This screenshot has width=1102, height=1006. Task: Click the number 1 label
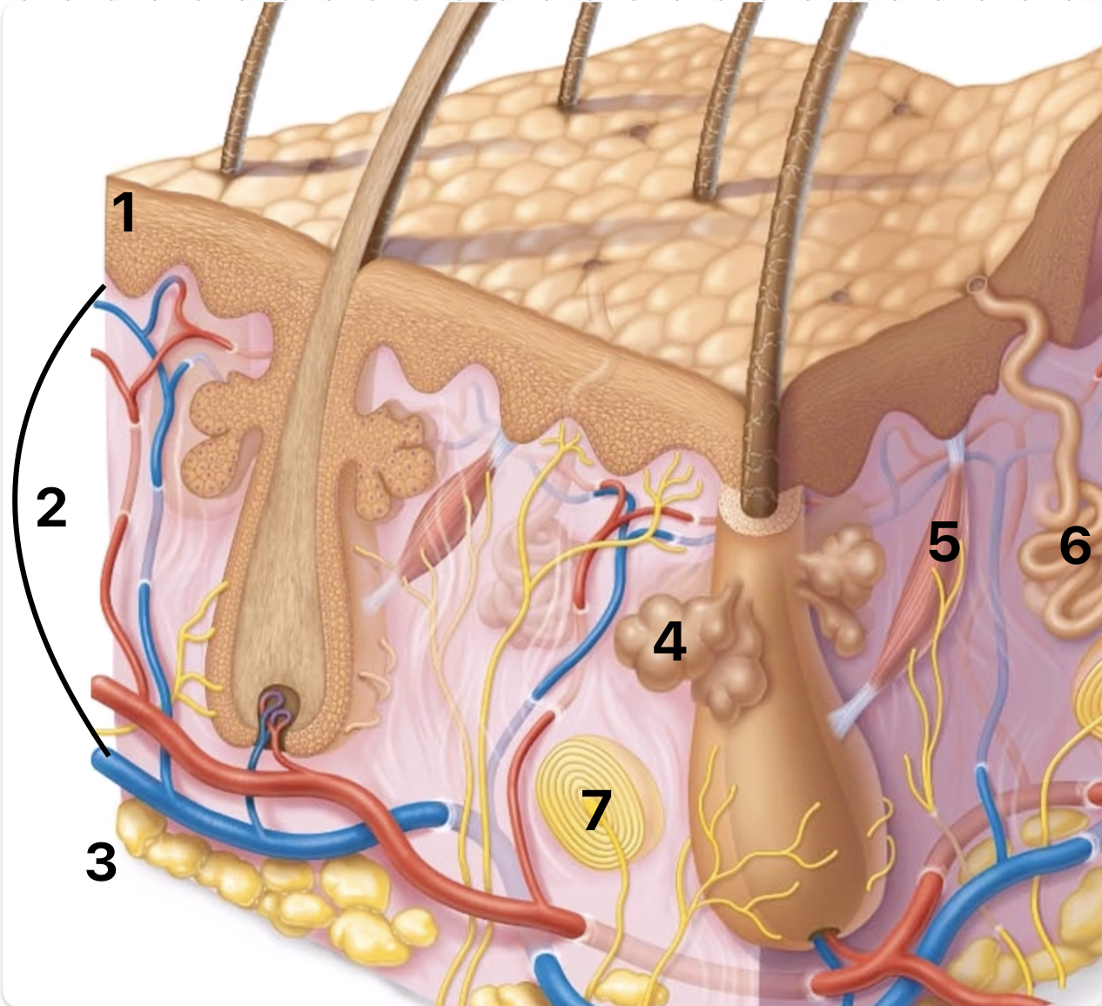click(x=124, y=212)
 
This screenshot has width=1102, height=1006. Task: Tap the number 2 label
click(x=51, y=507)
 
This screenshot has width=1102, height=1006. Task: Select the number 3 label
click(x=101, y=862)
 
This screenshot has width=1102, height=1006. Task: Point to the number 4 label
click(x=669, y=640)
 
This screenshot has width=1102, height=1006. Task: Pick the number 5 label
click(x=944, y=542)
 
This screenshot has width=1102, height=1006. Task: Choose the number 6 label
click(x=1074, y=545)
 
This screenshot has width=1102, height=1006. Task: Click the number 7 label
click(x=596, y=810)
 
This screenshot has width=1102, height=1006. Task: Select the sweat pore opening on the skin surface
click(x=977, y=285)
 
